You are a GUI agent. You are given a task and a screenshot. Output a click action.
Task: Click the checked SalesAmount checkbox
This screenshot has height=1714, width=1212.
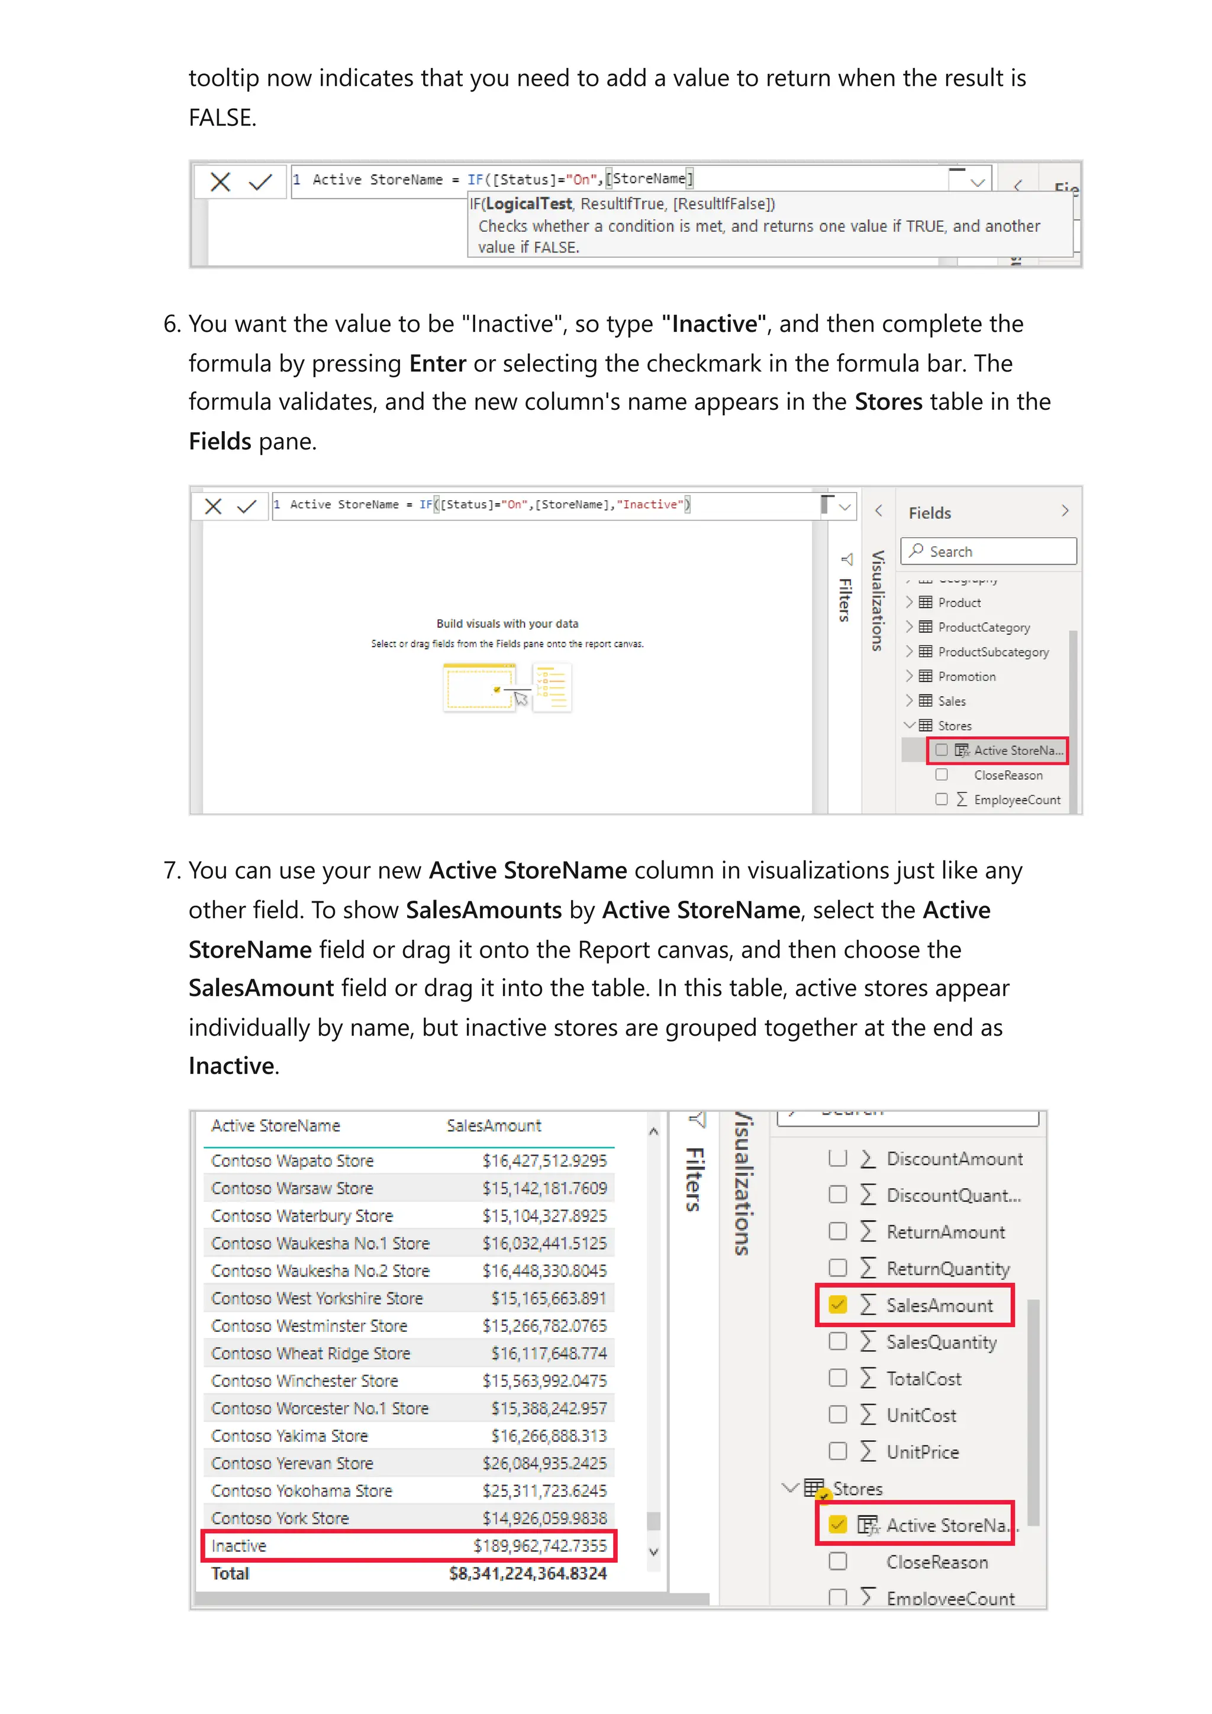(837, 1305)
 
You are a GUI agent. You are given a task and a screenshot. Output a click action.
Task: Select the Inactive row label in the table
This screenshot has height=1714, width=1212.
(238, 1545)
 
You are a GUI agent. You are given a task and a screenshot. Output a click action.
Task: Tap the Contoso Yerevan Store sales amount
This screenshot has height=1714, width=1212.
(544, 1463)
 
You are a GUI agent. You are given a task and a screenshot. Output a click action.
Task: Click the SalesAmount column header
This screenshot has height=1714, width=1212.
(494, 1126)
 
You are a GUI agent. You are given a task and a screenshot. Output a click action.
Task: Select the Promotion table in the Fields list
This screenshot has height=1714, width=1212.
(966, 677)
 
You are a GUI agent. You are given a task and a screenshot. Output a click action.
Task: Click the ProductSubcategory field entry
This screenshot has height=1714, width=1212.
(992, 652)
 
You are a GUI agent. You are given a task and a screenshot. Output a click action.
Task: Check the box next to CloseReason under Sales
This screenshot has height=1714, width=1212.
(838, 1562)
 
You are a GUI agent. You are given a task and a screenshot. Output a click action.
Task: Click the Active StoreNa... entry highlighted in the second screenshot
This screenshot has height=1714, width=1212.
(1017, 751)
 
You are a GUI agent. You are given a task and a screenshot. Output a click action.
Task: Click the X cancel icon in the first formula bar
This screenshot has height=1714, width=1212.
(220, 182)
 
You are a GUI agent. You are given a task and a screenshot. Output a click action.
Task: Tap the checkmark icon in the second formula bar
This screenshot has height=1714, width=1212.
(246, 507)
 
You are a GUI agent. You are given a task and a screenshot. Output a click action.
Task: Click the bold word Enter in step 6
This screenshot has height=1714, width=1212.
(437, 364)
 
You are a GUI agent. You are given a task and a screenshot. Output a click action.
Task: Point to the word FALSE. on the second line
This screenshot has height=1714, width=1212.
(223, 118)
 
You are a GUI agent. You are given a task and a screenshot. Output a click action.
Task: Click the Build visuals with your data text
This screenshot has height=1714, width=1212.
(507, 623)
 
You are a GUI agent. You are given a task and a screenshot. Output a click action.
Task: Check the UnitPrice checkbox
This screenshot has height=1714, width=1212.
(838, 1451)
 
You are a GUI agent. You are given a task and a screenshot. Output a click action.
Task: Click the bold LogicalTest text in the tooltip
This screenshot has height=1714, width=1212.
(528, 204)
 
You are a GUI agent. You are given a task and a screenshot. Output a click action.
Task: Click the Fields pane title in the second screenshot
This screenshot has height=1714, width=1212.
(929, 513)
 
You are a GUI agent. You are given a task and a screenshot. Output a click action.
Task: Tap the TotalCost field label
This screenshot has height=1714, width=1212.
(923, 1379)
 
